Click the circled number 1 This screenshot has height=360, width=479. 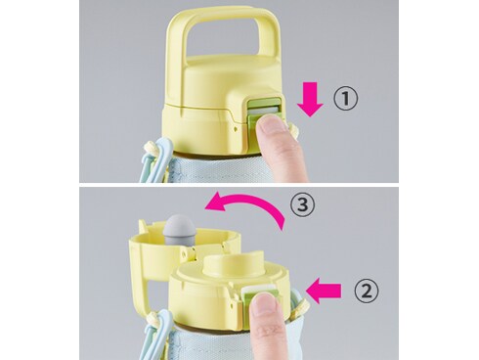[x=345, y=99]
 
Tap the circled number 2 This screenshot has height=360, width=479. [x=367, y=291]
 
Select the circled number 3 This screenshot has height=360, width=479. [x=303, y=205]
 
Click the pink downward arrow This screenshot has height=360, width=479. [x=310, y=100]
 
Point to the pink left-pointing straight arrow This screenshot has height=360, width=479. [x=325, y=291]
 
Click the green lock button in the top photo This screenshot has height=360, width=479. [x=263, y=112]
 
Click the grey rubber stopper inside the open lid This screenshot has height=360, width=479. [x=180, y=231]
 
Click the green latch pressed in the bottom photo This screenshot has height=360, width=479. [x=262, y=295]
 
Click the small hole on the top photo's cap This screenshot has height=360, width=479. [x=235, y=129]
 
